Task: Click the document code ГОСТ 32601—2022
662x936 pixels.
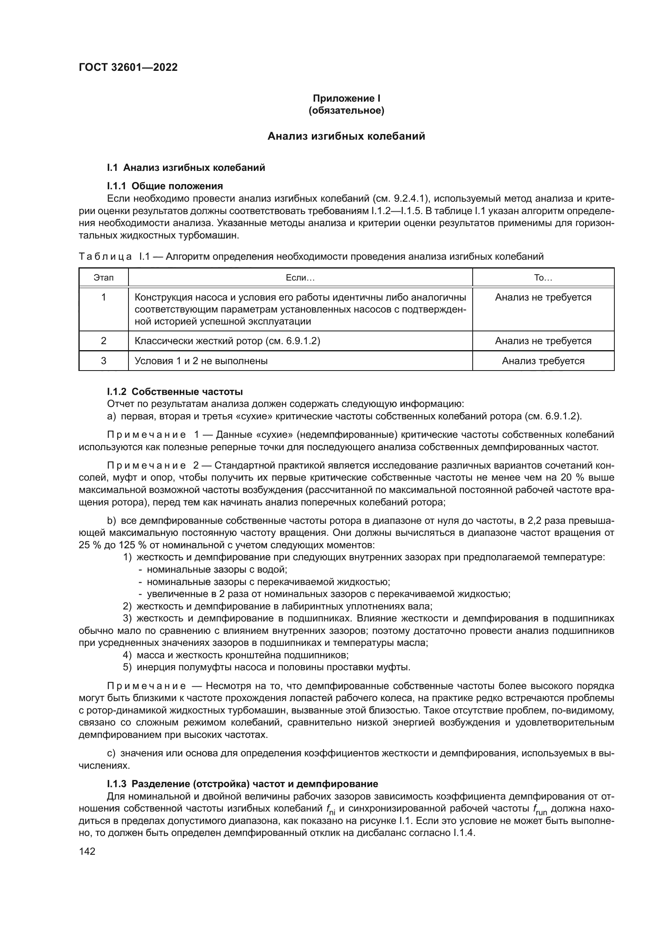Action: pyautogui.click(x=128, y=67)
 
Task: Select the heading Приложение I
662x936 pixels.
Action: pyautogui.click(x=346, y=98)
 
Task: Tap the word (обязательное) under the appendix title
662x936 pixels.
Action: pyautogui.click(x=346, y=110)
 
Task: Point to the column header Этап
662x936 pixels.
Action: pyautogui.click(x=104, y=278)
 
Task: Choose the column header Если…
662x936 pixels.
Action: pyautogui.click(x=300, y=278)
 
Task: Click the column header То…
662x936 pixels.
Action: pyautogui.click(x=543, y=278)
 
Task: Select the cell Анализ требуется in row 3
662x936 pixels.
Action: pyautogui.click(x=543, y=361)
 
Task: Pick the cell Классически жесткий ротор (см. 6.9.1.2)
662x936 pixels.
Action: pyautogui.click(x=227, y=341)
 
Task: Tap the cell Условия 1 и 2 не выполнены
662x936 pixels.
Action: pyautogui.click(x=201, y=361)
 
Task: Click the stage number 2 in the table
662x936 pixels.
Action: pyautogui.click(x=104, y=341)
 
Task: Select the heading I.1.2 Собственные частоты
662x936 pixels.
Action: pyautogui.click(x=175, y=392)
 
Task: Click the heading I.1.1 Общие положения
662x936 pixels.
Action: pyautogui.click(x=164, y=186)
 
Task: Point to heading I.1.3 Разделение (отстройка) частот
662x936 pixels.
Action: pyautogui.click(x=242, y=784)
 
